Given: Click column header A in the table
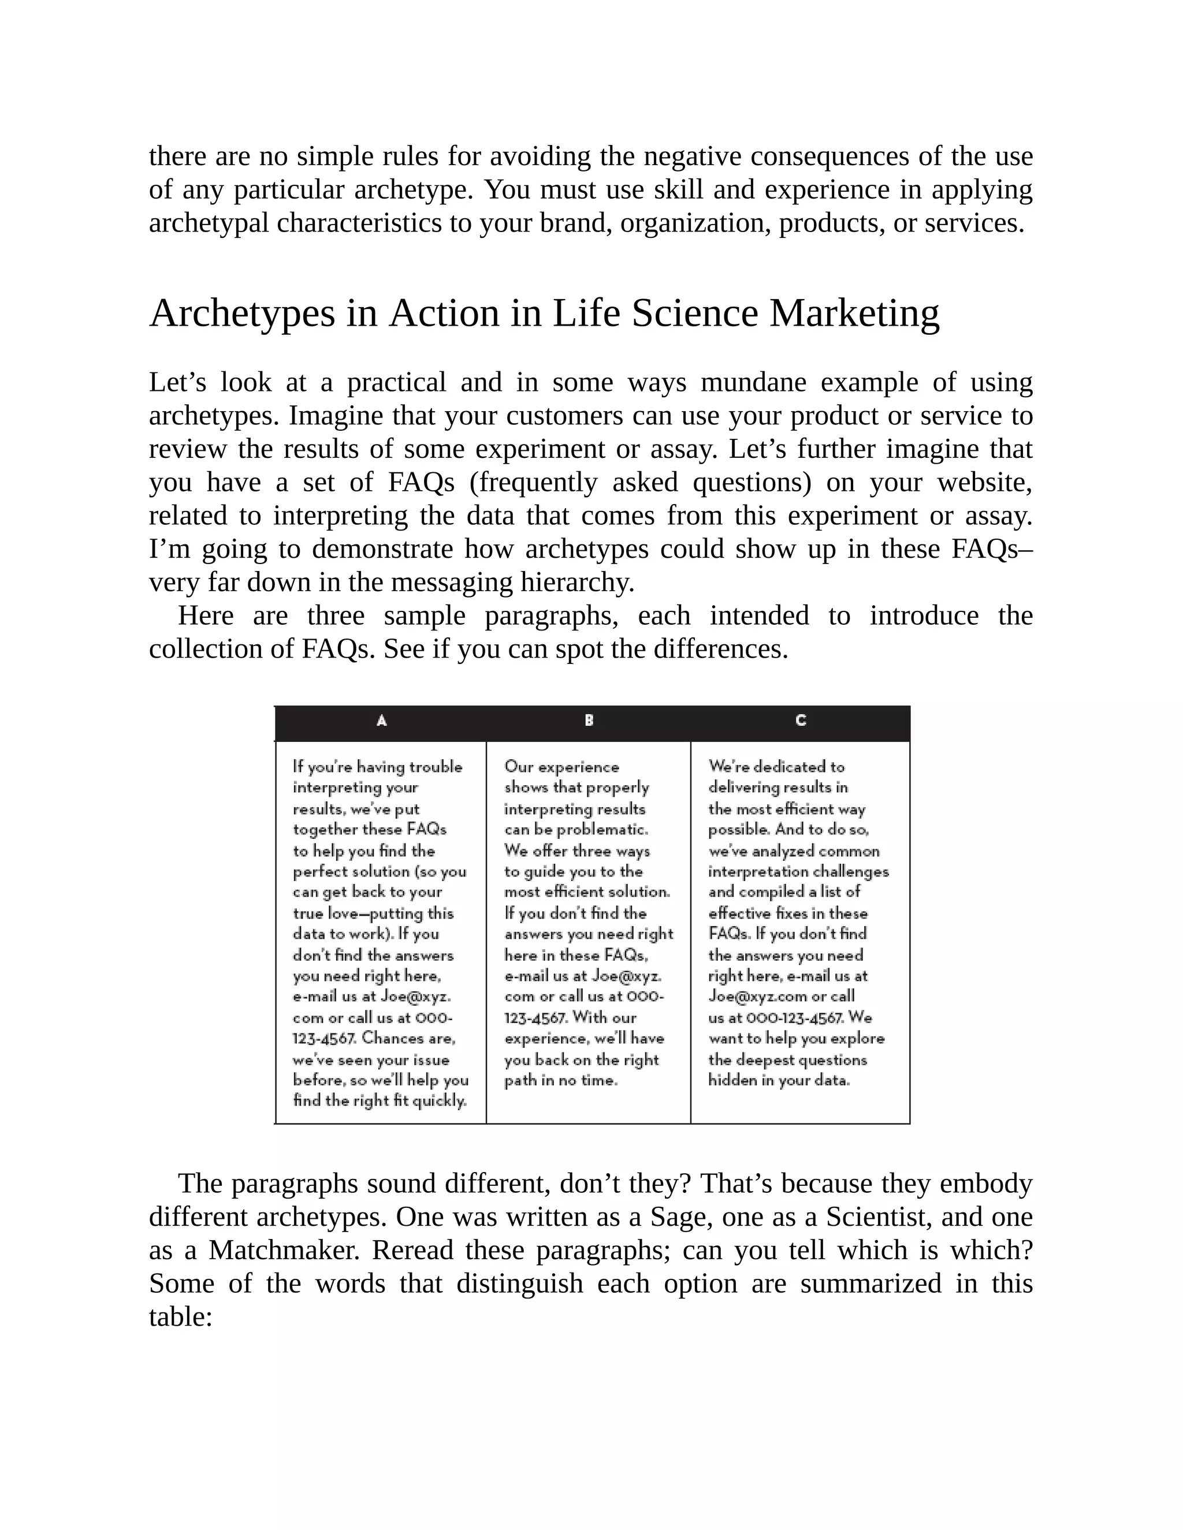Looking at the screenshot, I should click(381, 720).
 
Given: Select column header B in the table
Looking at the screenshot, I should click(589, 720).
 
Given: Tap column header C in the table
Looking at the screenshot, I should click(801, 720).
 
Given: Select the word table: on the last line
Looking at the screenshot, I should click(181, 1316).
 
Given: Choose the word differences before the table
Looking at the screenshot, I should click(720, 649).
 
